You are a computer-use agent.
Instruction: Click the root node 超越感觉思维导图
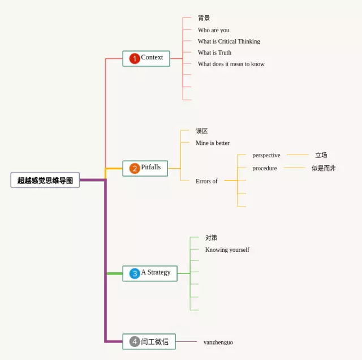coord(45,180)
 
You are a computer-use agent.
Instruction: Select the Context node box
coord(146,58)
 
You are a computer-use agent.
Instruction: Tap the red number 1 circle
coord(135,58)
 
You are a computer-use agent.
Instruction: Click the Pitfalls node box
coord(145,168)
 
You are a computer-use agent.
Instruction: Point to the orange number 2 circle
coord(135,168)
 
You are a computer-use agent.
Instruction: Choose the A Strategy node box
coord(150,273)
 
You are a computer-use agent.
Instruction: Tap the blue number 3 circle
coord(135,273)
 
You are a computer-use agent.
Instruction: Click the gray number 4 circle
coord(135,341)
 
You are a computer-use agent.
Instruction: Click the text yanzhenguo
coord(218,342)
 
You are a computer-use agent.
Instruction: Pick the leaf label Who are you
coord(213,30)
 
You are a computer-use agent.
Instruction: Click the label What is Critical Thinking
coord(229,41)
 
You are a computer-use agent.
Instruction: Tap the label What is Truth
coord(214,53)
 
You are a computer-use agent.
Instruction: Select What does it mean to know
coord(231,64)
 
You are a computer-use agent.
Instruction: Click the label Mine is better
coord(213,143)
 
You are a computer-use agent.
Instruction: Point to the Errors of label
coord(206,181)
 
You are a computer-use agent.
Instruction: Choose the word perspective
coord(266,155)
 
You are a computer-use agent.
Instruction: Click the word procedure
coord(265,168)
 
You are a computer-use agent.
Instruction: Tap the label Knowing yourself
coord(227,250)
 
